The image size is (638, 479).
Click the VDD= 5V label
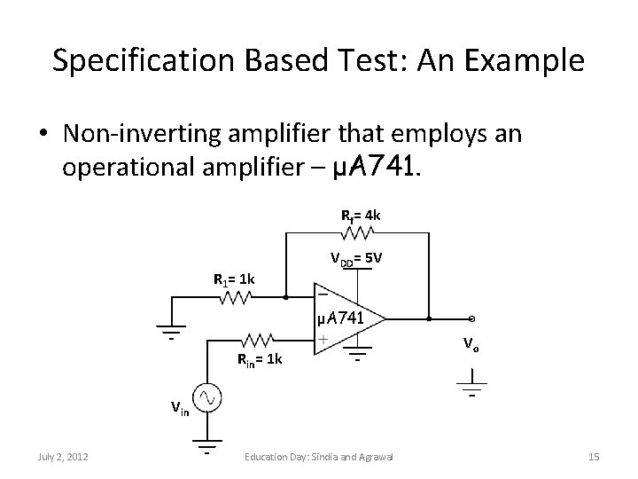point(356,260)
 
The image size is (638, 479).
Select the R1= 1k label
point(234,280)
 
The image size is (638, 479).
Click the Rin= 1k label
point(259,359)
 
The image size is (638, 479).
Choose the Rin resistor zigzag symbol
point(258,339)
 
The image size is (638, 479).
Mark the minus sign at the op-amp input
point(325,294)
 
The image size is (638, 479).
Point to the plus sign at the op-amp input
point(325,340)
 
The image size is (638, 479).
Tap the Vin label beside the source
point(180,409)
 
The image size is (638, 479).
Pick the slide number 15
point(594,457)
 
